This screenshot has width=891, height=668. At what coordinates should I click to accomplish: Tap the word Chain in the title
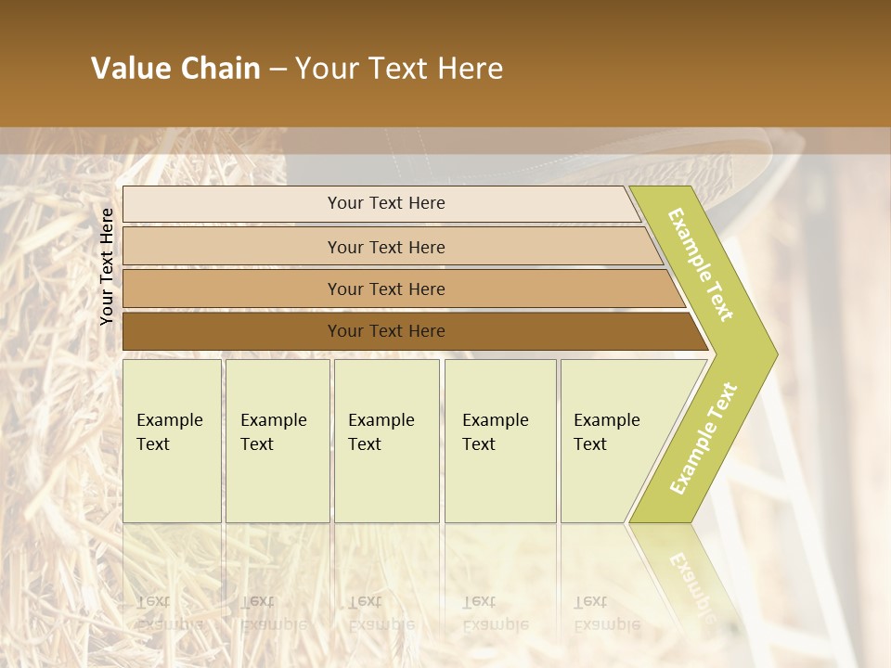[219, 69]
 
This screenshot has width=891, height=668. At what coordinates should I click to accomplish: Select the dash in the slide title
[278, 70]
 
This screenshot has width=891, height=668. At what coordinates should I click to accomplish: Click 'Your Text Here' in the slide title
[399, 69]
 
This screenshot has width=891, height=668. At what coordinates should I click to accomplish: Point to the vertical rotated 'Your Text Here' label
[107, 266]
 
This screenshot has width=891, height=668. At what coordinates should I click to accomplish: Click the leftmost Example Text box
[172, 441]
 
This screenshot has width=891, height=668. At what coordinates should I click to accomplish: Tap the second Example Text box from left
[278, 441]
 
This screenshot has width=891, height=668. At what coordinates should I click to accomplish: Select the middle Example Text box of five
[386, 441]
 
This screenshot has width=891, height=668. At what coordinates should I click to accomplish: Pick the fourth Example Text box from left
[500, 441]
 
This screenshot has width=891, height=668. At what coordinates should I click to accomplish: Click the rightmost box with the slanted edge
[613, 441]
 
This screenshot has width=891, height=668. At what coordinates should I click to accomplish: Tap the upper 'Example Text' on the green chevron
[701, 264]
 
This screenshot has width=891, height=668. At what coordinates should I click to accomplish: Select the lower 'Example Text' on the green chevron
[703, 438]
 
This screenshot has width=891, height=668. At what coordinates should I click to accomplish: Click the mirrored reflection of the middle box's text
[381, 613]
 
